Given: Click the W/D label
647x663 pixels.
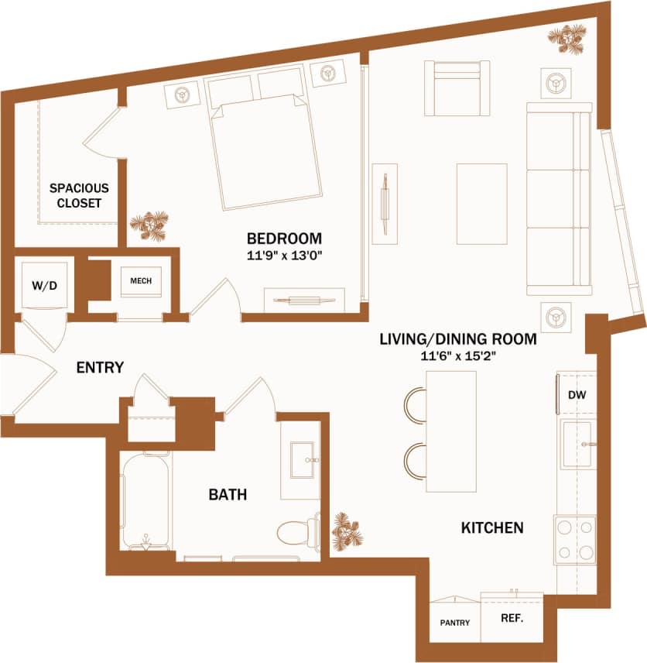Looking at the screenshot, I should pyautogui.click(x=44, y=286).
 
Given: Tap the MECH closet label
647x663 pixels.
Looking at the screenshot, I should pyautogui.click(x=141, y=281).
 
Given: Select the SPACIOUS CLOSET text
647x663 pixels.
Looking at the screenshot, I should pyautogui.click(x=79, y=195).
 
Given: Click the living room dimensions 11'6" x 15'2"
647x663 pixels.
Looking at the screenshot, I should pyautogui.click(x=458, y=356).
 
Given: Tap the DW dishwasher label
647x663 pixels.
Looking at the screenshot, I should pyautogui.click(x=577, y=394).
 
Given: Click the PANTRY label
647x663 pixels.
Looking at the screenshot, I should pyautogui.click(x=454, y=623).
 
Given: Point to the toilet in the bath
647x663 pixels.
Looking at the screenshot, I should pyautogui.click(x=298, y=531).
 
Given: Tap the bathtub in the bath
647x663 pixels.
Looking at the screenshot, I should pyautogui.click(x=145, y=501).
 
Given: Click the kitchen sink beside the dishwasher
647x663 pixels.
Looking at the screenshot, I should pyautogui.click(x=577, y=445).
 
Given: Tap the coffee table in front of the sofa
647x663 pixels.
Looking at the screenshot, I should pyautogui.click(x=481, y=203).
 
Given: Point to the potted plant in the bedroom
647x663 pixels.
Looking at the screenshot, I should pyautogui.click(x=147, y=226).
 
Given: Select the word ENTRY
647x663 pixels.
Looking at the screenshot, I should pyautogui.click(x=100, y=368).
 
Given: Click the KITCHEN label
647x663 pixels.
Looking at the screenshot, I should pyautogui.click(x=492, y=528).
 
